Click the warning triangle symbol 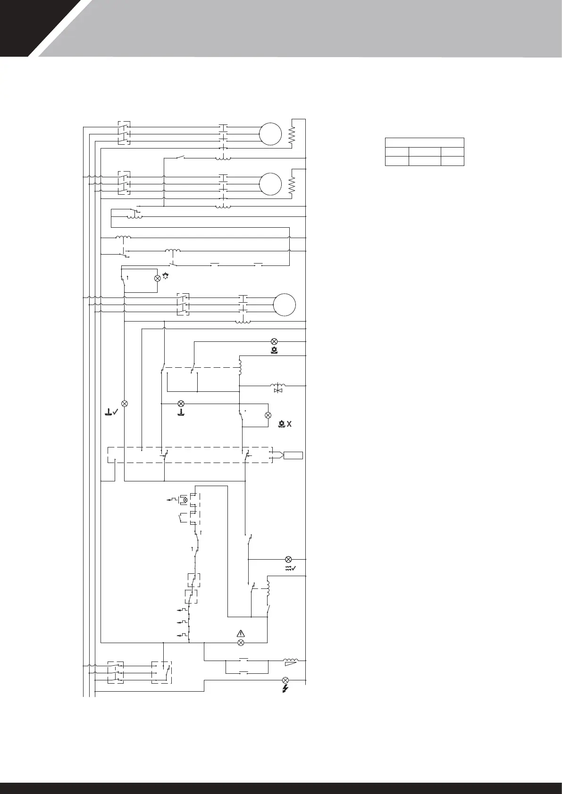point(241,634)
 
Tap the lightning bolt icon point(285,689)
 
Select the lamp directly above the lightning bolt point(285,680)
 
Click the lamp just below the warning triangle point(241,642)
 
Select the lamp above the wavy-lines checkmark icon point(288,559)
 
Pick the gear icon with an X point(285,424)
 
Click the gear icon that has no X point(274,350)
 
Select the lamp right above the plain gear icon point(274,341)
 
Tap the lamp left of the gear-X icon point(268,415)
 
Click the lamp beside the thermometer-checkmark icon point(125,404)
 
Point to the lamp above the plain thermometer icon point(180,404)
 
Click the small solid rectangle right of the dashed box point(293,455)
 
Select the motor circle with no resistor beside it point(285,304)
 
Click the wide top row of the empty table point(424,142)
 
